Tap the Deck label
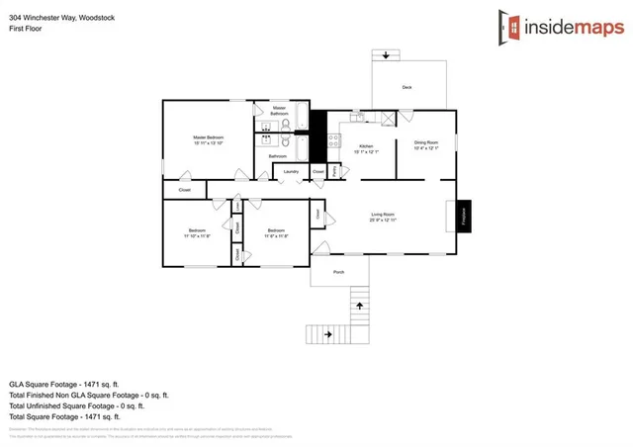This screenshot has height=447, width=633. (x=407, y=88)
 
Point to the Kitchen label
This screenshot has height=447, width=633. (x=366, y=146)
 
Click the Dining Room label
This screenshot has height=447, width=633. (x=425, y=142)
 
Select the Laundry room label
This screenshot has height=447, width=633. (x=291, y=172)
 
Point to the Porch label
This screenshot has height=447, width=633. (x=338, y=271)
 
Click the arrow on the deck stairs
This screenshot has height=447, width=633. (x=387, y=54)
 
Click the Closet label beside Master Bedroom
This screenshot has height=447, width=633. (x=184, y=189)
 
